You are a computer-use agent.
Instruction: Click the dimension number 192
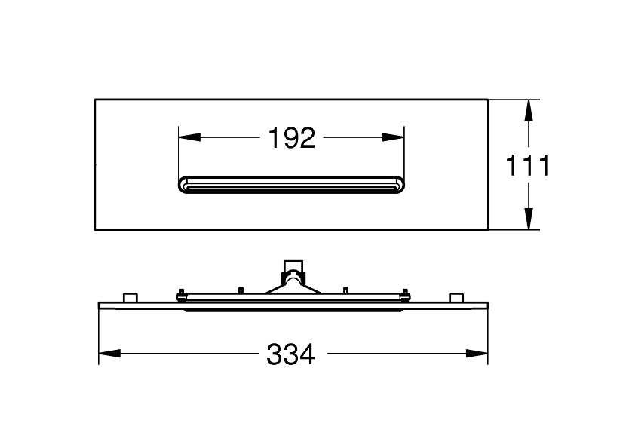point(292,137)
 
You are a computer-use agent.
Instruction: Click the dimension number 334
point(291,354)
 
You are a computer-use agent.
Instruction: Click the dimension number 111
point(527,165)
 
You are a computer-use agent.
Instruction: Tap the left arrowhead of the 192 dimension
point(189,137)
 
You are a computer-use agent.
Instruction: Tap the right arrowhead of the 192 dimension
point(394,137)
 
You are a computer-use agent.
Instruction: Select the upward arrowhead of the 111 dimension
point(529,110)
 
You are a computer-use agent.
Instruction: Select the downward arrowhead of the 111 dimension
point(529,219)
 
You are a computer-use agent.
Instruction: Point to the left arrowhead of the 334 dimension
point(109,354)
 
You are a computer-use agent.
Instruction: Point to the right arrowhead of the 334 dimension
point(477,354)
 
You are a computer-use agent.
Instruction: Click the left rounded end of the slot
point(183,185)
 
